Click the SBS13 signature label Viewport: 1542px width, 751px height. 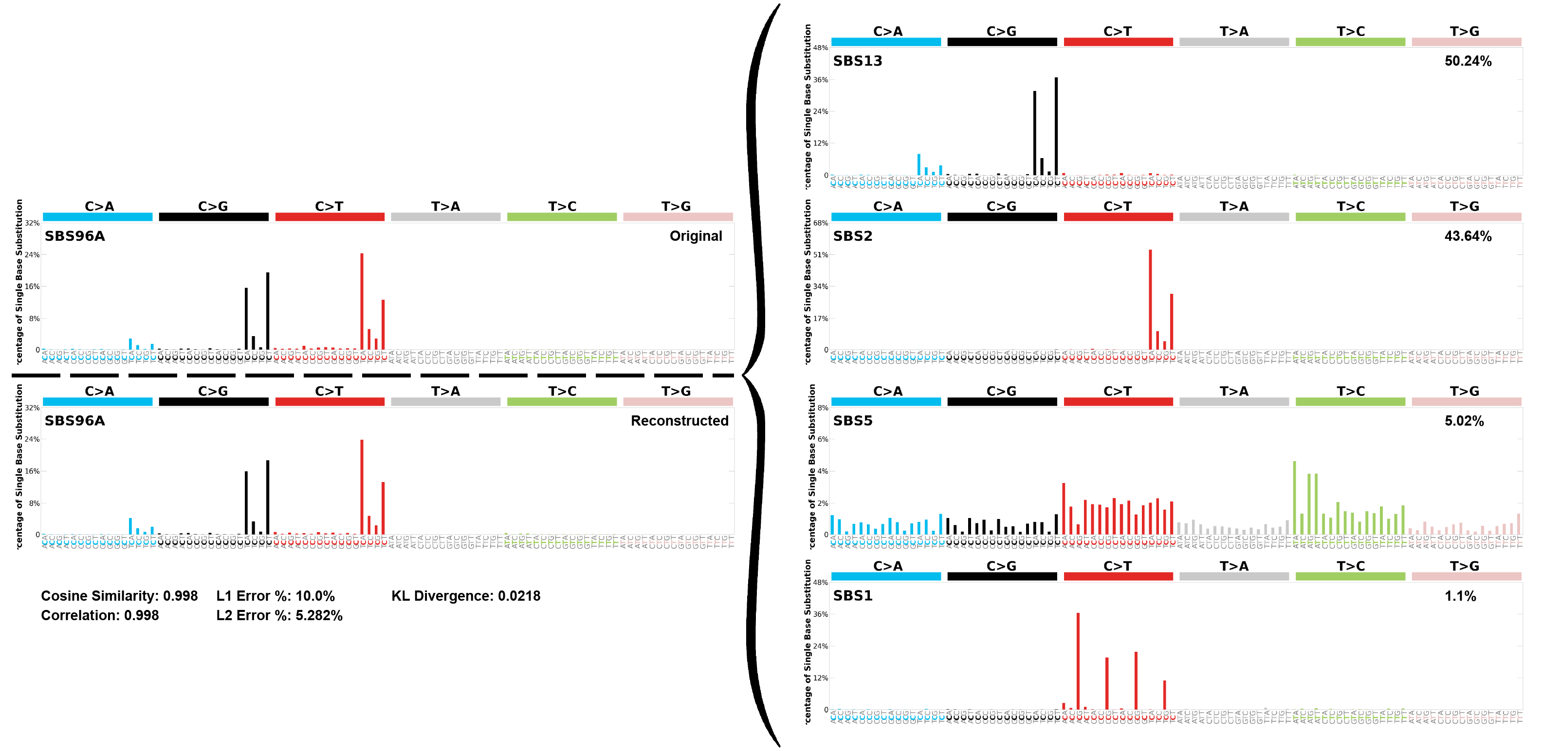[857, 61]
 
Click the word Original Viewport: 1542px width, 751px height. [696, 236]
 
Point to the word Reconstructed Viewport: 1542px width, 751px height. [679, 421]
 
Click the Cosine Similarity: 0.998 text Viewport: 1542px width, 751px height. [119, 596]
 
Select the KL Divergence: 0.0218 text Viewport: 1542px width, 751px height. [466, 596]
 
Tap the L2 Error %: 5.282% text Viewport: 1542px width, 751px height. [279, 616]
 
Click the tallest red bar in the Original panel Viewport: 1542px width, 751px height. [362, 302]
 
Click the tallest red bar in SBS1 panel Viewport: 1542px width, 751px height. [1078, 661]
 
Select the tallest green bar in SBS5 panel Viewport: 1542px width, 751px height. [1294, 498]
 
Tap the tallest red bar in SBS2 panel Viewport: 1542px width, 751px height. [1150, 299]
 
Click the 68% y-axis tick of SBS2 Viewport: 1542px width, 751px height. [821, 223]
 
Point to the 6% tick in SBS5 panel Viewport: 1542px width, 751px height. [823, 439]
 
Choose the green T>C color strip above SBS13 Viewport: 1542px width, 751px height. [1350, 42]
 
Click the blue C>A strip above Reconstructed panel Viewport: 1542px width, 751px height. [97, 402]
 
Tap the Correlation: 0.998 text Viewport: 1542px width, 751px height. [100, 616]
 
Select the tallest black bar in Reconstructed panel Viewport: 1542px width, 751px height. [268, 497]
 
